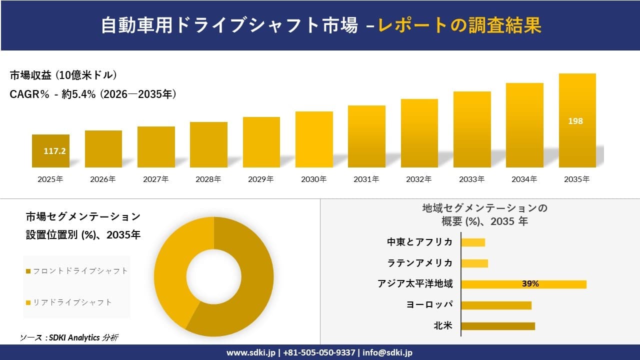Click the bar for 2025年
[50, 151]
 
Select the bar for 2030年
[314, 139]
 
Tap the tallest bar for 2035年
[577, 120]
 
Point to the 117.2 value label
[54, 150]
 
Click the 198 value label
[575, 121]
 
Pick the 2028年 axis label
[208, 179]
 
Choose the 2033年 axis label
[472, 179]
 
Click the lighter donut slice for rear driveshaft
[175, 265]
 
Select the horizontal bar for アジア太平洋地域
[523, 284]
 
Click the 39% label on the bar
[530, 284]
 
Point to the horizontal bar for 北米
[497, 326]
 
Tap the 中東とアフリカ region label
[420, 242]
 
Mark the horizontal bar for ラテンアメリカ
[474, 263]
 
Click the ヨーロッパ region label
[429, 305]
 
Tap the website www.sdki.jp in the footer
[250, 352]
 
